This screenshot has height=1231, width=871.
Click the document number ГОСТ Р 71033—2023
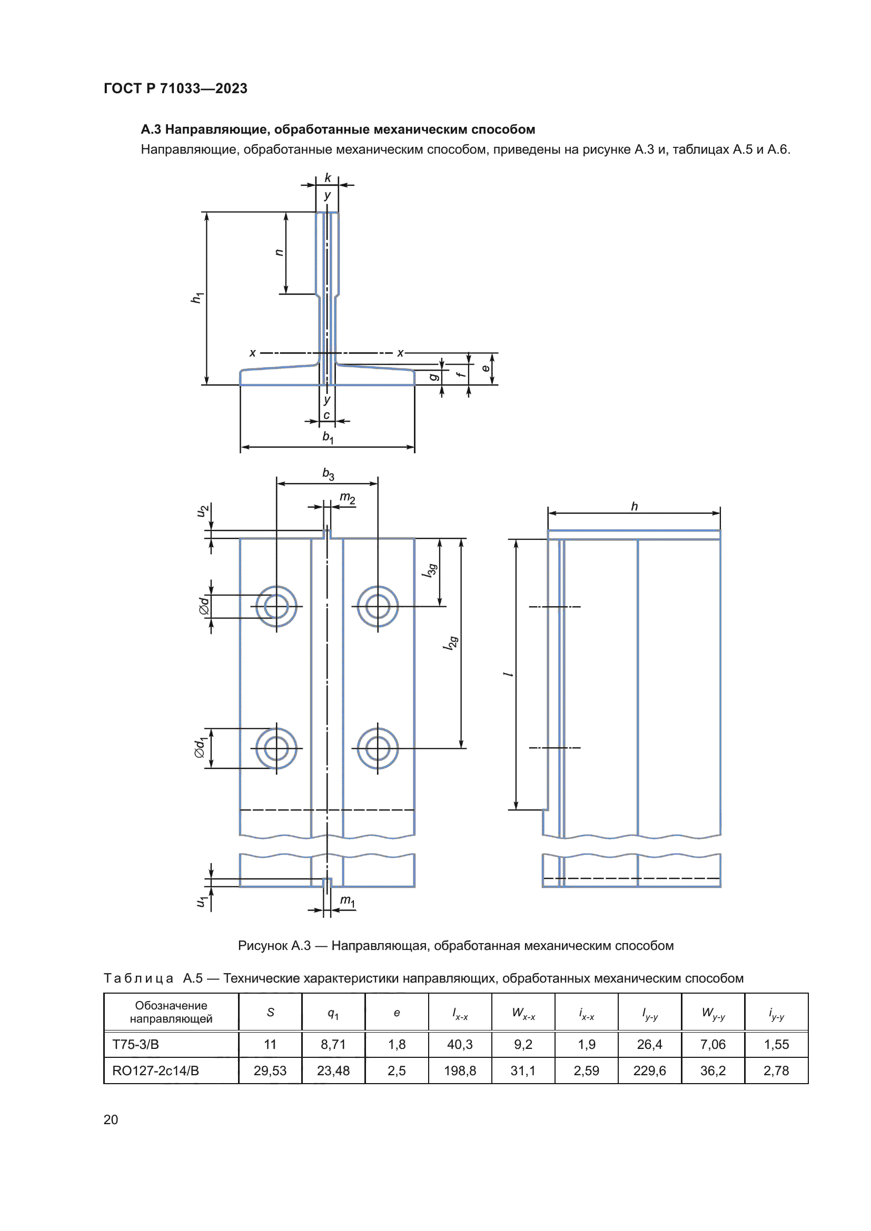175,88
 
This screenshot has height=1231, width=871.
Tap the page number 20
111,1119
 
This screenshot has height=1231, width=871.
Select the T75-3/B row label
135,1044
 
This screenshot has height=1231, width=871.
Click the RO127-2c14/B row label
155,1070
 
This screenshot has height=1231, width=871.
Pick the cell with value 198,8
460,1070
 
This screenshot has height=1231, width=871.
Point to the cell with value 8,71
333,1044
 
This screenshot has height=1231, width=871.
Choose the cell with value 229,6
649,1070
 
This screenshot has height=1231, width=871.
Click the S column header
270,1012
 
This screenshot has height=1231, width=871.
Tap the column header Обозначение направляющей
171,1012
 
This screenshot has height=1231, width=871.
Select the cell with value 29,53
270,1070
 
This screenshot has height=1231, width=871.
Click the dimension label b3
328,474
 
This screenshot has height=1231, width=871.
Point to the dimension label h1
197,297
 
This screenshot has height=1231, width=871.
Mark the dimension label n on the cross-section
279,253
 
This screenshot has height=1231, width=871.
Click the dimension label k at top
328,178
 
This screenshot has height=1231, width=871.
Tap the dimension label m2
347,498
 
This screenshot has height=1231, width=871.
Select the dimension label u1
201,902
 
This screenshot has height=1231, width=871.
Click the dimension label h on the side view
635,506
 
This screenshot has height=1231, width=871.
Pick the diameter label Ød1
200,748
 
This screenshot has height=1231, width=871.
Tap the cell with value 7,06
712,1044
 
